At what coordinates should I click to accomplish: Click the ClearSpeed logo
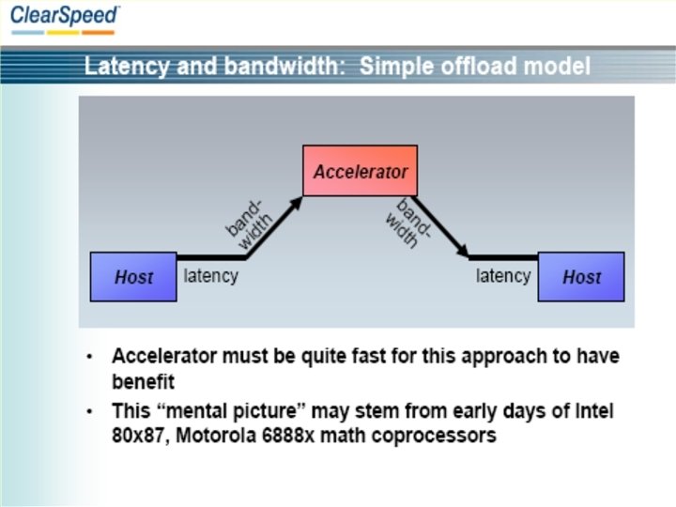pyautogui.click(x=65, y=16)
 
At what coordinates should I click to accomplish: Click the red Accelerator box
pyautogui.click(x=361, y=171)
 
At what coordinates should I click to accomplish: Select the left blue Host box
pyautogui.click(x=133, y=277)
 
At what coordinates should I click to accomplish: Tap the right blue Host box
pyautogui.click(x=581, y=277)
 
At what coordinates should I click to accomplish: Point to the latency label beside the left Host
pyautogui.click(x=211, y=276)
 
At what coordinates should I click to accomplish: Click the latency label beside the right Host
pyautogui.click(x=503, y=276)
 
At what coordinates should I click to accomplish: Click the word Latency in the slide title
pyautogui.click(x=119, y=67)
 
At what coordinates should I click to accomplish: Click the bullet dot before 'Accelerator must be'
pyautogui.click(x=89, y=358)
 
